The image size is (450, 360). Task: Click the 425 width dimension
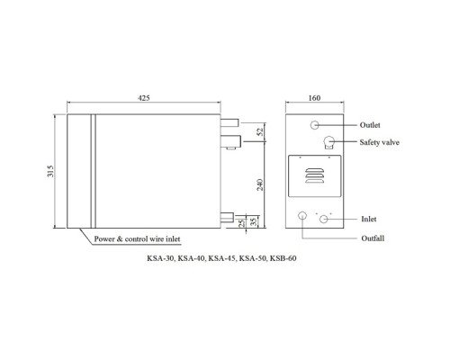(x=144, y=98)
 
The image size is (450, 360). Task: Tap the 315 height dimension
(x=50, y=171)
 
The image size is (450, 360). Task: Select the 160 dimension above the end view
(x=314, y=98)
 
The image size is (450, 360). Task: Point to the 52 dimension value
(x=260, y=131)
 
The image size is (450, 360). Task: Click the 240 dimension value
(x=260, y=184)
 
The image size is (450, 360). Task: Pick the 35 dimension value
(x=254, y=222)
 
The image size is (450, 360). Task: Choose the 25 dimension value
(x=242, y=223)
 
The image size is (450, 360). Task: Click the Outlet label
(x=370, y=125)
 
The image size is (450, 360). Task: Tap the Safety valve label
(x=380, y=142)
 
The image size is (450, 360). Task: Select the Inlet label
(x=369, y=219)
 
